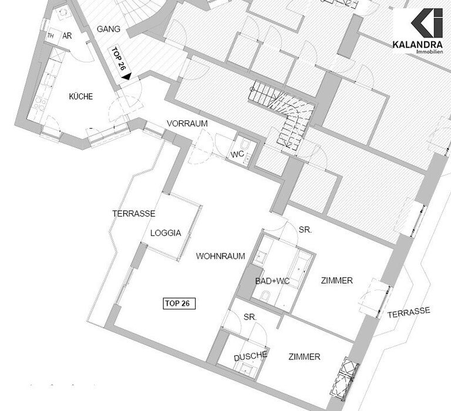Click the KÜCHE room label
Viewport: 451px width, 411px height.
pos(81,96)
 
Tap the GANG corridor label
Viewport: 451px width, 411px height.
pos(109,29)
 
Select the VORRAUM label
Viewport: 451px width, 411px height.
pos(187,124)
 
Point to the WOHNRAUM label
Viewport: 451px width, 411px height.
pos(221,256)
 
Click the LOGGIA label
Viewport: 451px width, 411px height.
pos(166,233)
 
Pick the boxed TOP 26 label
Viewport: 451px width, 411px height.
pos(179,304)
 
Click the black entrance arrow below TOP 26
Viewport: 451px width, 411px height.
pos(127,76)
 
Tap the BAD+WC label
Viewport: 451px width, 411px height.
pos(272,281)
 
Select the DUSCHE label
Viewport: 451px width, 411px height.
pos(251,356)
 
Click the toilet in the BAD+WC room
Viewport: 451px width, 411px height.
pos(266,295)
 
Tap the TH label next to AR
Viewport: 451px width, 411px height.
pos(51,36)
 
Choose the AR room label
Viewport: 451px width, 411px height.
pos(67,36)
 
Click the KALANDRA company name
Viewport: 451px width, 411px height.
pos(418,45)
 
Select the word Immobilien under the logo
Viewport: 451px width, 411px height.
pos(430,52)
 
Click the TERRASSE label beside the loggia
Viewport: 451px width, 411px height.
pos(134,214)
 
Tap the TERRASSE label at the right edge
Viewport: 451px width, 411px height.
pos(409,312)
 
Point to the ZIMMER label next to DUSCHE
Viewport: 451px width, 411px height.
pos(304,357)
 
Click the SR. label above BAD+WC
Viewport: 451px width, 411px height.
pos(305,230)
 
